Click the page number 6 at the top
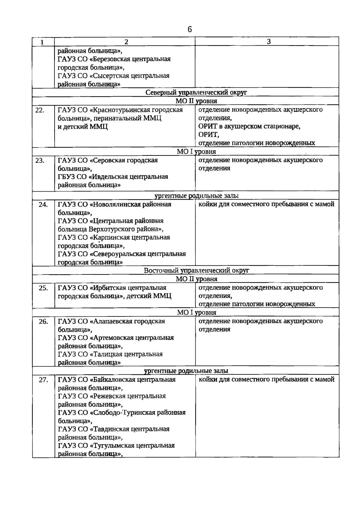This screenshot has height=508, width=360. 189,29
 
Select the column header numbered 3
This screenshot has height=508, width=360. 269,41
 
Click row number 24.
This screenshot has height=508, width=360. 43,205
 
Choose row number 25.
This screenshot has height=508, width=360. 43,288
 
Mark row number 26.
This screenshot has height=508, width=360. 43,322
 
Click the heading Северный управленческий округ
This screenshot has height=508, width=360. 196,92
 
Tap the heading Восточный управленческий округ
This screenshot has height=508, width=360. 196,270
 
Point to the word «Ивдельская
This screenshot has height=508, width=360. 109,177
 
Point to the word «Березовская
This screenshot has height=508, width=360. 112,59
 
